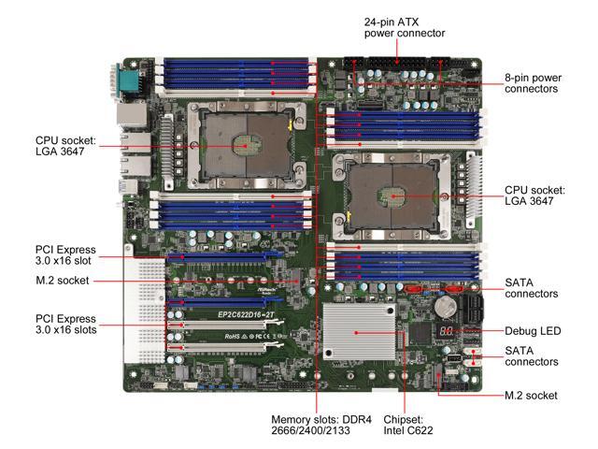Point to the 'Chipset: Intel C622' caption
(404, 425)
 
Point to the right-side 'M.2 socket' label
(531, 396)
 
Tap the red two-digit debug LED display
(448, 332)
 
